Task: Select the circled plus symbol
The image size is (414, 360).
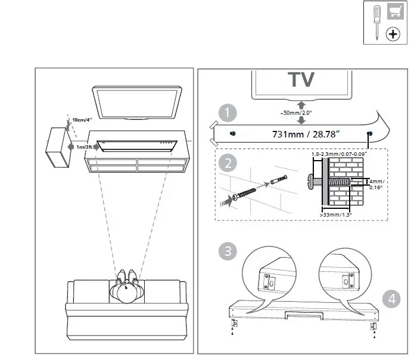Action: tap(393, 35)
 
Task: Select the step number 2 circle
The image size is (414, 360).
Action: tap(226, 162)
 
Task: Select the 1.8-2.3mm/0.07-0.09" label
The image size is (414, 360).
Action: tap(338, 154)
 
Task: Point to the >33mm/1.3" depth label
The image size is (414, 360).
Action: tap(336, 214)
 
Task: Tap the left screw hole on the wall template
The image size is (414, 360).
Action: tap(233, 133)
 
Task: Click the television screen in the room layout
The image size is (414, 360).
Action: tap(136, 102)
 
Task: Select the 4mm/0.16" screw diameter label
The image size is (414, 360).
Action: tap(376, 184)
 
